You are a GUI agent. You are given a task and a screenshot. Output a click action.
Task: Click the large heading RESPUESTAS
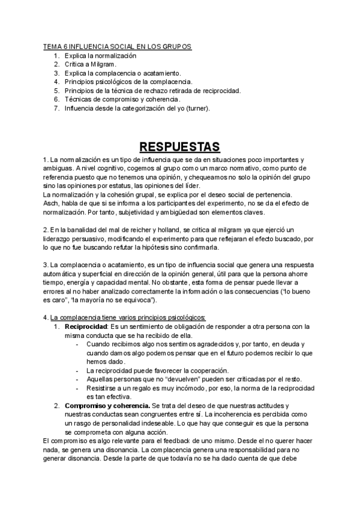click(179, 146)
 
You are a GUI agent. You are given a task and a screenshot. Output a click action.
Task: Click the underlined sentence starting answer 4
click(128, 318)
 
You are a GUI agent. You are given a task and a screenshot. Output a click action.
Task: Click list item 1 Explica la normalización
click(100, 55)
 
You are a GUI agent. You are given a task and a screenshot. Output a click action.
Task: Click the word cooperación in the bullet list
click(200, 370)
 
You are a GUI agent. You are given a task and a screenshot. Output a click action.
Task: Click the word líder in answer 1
click(172, 185)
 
